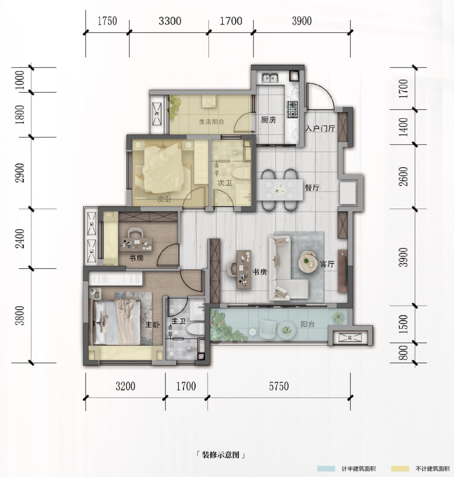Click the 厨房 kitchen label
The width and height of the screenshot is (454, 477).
click(268, 120)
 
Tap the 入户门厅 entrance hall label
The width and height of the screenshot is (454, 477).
click(320, 128)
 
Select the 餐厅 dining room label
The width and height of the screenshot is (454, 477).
click(312, 188)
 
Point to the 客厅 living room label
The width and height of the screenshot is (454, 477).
click(327, 264)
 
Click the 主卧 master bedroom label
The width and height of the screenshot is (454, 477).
click(153, 325)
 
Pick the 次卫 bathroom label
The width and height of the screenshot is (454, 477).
click(225, 183)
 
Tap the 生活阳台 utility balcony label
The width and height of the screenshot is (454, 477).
click(211, 122)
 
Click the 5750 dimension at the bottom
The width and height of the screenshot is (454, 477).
click(279, 386)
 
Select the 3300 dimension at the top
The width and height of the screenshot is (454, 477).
click(170, 21)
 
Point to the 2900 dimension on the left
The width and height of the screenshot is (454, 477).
click(21, 173)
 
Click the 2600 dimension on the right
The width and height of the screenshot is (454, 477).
click(404, 176)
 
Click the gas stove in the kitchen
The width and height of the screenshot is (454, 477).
click(292, 110)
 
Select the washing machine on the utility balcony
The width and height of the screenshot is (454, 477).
click(209, 102)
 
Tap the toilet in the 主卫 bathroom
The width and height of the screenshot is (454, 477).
click(195, 329)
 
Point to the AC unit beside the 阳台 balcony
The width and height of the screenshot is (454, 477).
click(350, 337)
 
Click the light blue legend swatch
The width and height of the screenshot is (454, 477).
click(326, 469)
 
